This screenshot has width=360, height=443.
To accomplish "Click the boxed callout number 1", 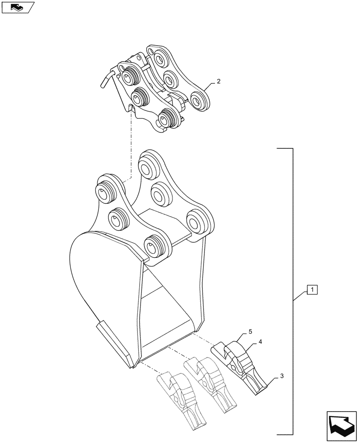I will [312, 291].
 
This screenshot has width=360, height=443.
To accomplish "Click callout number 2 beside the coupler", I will [219, 82].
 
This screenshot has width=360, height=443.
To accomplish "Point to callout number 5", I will [250, 331].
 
